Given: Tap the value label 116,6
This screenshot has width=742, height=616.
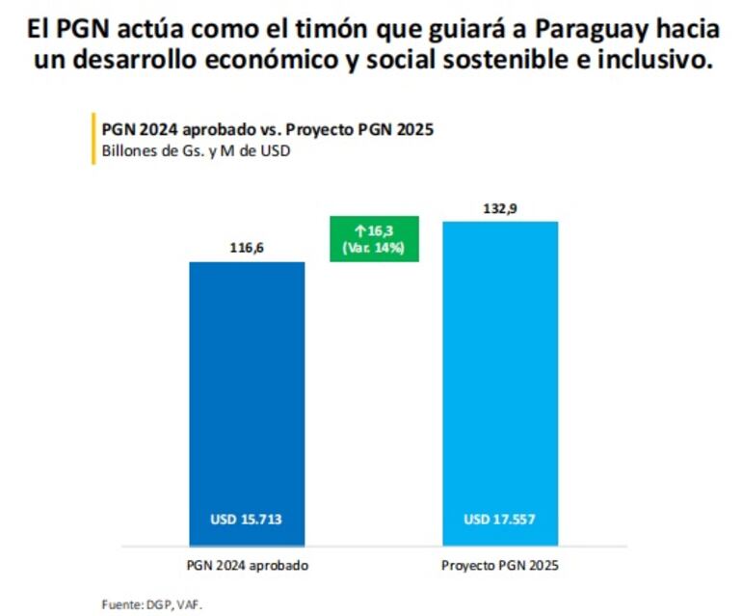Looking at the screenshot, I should [x=247, y=248].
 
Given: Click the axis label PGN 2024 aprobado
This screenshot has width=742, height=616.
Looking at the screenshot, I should [x=247, y=565].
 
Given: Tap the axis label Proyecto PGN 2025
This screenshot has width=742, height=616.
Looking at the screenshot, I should [x=499, y=565].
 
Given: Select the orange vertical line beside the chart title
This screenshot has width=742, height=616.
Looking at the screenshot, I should [x=93, y=140].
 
